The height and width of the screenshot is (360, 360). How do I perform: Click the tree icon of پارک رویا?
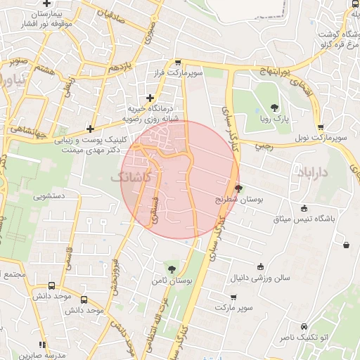pos(274,108)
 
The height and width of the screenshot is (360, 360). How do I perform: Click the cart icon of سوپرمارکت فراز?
pos(179,63)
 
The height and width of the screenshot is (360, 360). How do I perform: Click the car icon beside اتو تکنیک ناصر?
pos(304,327)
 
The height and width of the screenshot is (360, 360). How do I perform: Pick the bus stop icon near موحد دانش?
pos(52,286)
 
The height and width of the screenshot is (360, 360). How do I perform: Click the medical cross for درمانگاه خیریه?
pos(149,98)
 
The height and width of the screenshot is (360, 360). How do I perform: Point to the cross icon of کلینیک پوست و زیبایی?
pos(90,129)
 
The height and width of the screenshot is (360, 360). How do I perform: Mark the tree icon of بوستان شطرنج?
pos(239,188)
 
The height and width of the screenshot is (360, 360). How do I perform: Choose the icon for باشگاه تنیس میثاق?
pos(304,207)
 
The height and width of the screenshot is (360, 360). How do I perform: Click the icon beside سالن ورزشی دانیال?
pos(260,266)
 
